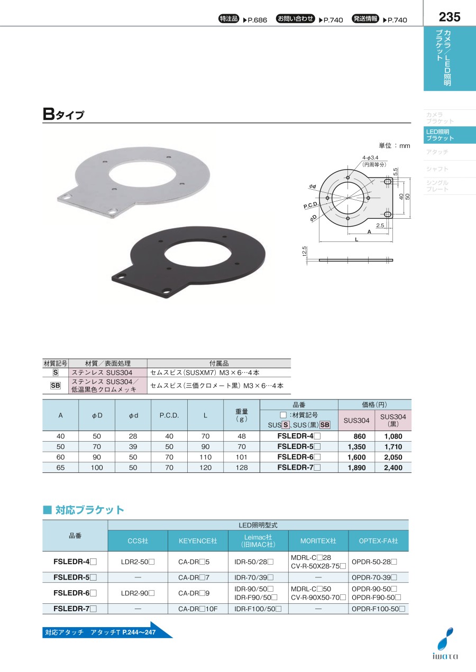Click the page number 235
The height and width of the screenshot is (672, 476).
tap(449, 17)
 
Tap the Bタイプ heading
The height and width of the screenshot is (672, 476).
tap(63, 114)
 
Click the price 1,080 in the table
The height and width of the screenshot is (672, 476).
tap(393, 436)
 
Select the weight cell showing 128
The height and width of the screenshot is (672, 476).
tap(242, 468)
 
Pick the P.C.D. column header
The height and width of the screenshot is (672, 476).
tap(169, 415)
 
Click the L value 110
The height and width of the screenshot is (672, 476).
tap(205, 457)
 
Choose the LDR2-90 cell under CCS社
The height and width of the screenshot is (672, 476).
tap(138, 593)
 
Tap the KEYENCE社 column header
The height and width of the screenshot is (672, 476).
tap(198, 540)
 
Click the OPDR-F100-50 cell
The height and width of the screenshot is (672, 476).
tap(378, 609)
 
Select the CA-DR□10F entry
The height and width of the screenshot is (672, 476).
tap(198, 609)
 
